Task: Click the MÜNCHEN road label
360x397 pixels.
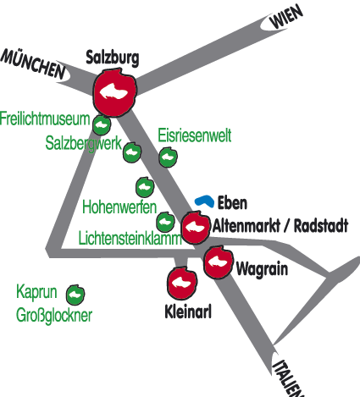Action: click(32, 64)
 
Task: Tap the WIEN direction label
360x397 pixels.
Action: click(286, 17)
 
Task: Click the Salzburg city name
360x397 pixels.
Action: click(113, 58)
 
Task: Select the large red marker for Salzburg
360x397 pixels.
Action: click(115, 92)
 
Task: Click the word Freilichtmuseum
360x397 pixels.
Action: click(45, 119)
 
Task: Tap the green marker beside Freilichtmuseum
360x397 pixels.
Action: click(102, 124)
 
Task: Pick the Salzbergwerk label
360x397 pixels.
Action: click(84, 143)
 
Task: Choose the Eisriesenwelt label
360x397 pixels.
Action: click(195, 135)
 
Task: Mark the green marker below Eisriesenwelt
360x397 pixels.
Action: click(169, 157)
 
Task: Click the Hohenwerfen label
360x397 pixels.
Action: click(119, 207)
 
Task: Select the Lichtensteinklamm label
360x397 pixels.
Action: click(130, 238)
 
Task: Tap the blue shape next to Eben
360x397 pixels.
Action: click(204, 201)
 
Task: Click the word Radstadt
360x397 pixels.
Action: click(321, 226)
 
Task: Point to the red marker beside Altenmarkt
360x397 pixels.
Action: click(196, 227)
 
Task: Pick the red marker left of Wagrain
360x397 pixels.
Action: click(219, 262)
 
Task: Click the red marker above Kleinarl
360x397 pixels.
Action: click(182, 283)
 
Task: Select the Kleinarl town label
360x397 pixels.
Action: click(188, 312)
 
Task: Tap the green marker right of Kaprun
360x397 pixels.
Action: click(75, 295)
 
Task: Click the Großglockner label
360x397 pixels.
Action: click(54, 315)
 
